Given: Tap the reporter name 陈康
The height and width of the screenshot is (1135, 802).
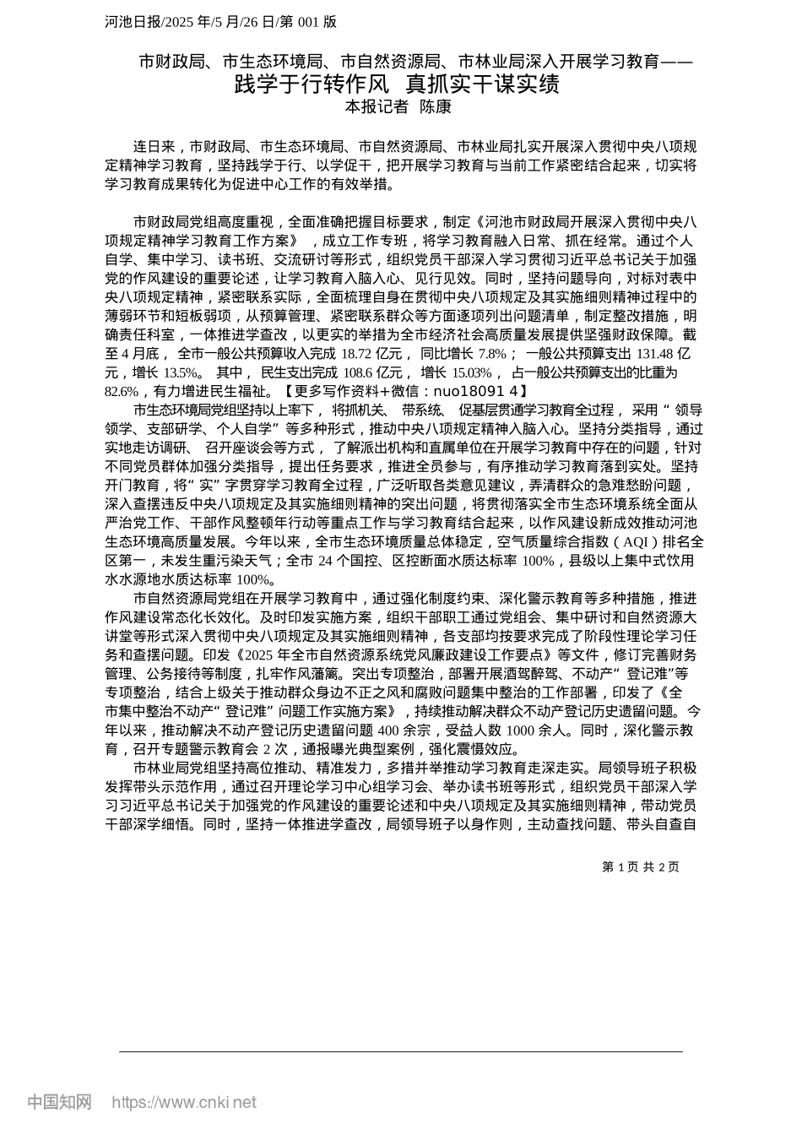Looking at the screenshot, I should point(436,107).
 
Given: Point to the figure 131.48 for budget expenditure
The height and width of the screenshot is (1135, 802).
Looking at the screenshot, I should point(654,353).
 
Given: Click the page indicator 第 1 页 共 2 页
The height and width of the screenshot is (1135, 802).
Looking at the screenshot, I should point(640,866).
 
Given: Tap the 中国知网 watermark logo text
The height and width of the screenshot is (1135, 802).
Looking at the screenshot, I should point(59,1102).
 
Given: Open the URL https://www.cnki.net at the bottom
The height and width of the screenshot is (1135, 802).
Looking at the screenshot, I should point(184,1103).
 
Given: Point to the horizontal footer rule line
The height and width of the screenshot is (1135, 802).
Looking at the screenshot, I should point(400,1051).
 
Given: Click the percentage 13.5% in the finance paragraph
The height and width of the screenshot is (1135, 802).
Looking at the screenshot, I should point(181,372).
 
